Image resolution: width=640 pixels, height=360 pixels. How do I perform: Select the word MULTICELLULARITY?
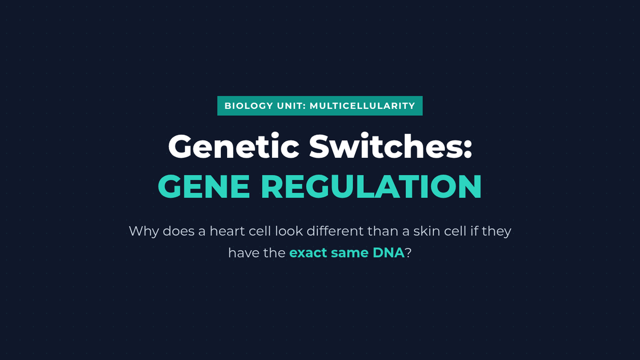coord(362,106)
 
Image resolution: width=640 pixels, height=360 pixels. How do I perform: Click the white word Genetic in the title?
coord(234,146)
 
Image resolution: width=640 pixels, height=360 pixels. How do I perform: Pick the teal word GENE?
coord(204,186)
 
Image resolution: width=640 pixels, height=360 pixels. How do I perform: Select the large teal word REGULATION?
coord(371,186)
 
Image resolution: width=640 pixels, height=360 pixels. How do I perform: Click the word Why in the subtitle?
coord(143,231)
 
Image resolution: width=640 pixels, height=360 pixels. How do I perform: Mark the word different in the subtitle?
coord(335,231)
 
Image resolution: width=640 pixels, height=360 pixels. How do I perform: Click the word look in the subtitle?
coord(289,231)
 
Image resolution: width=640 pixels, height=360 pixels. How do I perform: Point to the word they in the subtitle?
coord(497,231)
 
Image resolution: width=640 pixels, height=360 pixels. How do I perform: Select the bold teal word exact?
coord(308,253)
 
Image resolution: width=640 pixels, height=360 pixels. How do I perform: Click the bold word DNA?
coord(389,253)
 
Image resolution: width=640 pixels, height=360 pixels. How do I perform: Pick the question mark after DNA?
coord(408,253)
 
